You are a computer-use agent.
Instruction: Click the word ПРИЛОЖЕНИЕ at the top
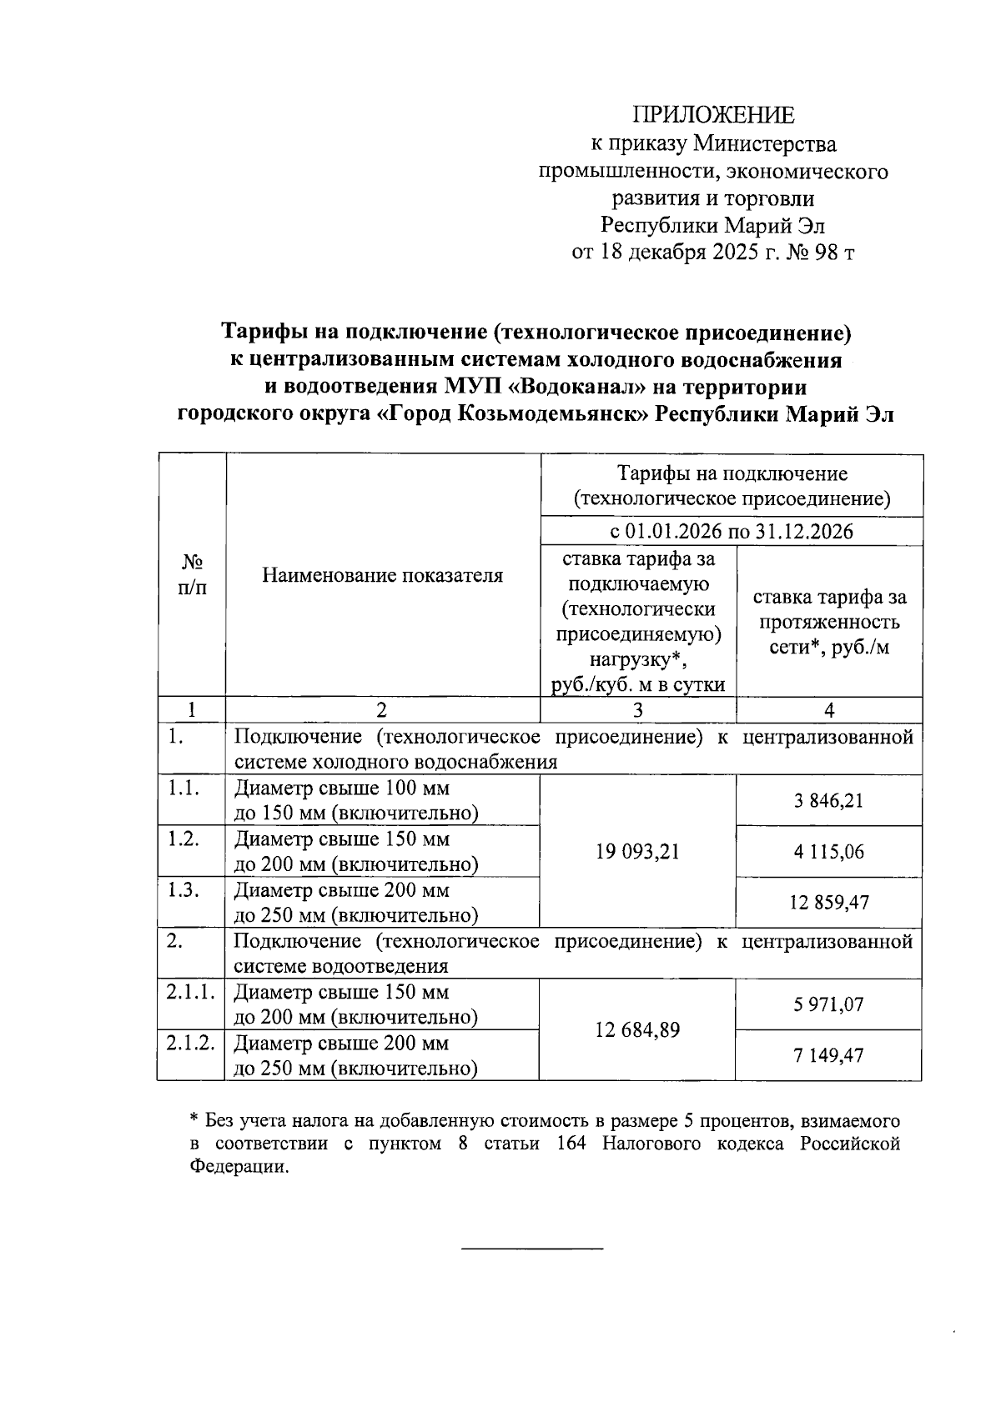point(713,115)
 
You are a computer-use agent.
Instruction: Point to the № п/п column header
point(192,575)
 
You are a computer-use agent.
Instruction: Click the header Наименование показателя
point(382,575)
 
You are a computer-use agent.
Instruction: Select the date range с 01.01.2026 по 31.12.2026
point(731,532)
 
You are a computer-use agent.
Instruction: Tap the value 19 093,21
point(637,851)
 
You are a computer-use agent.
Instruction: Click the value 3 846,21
point(828,801)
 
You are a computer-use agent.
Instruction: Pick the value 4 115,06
point(828,852)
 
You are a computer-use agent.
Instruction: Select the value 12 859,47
point(828,902)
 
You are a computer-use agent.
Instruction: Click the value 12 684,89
point(637,1030)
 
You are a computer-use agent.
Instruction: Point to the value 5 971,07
point(828,1004)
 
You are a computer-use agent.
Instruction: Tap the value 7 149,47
point(828,1055)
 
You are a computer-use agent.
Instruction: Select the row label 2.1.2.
point(190,1043)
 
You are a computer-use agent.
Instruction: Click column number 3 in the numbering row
point(638,710)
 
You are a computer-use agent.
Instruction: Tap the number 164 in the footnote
point(571,1144)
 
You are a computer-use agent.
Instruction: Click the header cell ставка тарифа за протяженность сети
point(829,622)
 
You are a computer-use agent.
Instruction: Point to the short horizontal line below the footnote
point(531,1249)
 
